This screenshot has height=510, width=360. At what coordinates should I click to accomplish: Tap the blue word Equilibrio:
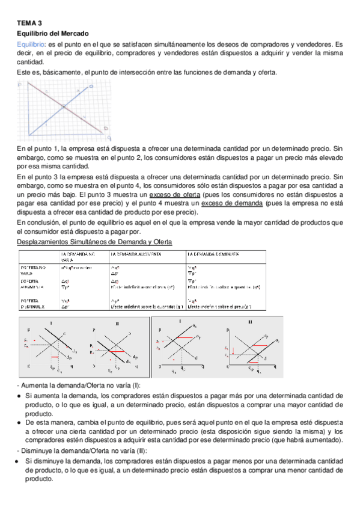coord(31,45)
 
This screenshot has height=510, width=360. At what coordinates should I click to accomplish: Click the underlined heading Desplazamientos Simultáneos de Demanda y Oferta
coord(94,242)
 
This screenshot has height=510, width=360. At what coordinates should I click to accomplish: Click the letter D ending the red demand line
coord(106,128)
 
